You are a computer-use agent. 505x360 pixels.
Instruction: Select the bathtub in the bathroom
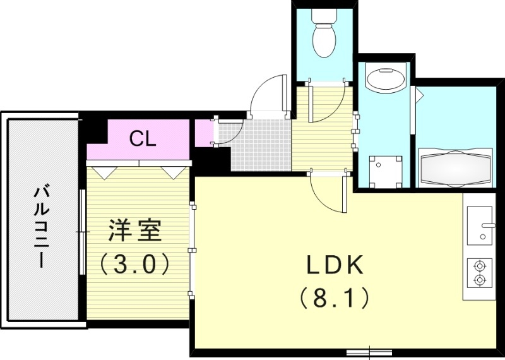455,168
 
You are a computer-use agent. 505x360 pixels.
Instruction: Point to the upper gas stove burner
480,266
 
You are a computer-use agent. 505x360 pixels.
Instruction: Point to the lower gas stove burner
480,279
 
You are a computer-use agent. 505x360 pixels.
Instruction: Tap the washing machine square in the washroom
385,171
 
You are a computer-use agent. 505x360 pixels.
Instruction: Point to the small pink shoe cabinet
203,132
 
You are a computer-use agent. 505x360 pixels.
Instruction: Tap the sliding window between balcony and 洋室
83,231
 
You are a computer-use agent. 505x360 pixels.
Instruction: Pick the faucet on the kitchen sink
487,225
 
